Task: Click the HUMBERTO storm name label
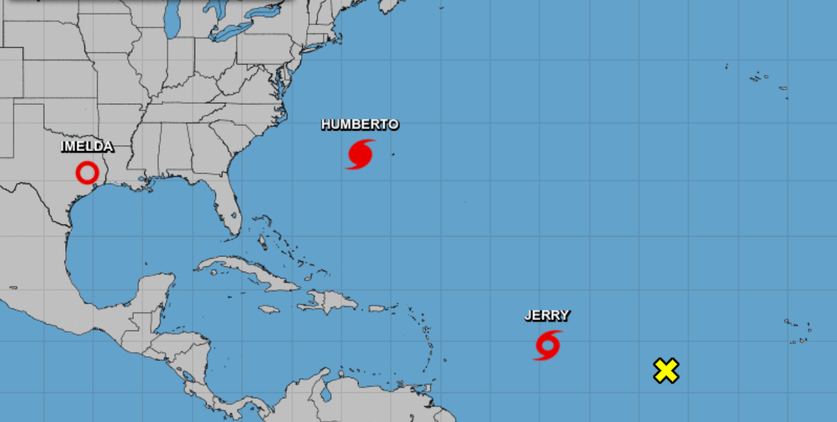(x=360, y=125)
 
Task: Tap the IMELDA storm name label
(x=87, y=147)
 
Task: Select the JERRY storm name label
(x=547, y=316)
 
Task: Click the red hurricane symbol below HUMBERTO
(x=360, y=154)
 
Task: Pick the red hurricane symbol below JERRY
(x=548, y=345)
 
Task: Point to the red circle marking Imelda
(x=87, y=173)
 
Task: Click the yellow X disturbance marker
(x=666, y=371)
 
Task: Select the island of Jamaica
(x=269, y=310)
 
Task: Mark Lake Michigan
(x=171, y=23)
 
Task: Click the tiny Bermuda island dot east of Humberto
(x=392, y=154)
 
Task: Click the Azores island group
(x=762, y=79)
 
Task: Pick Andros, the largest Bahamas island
(x=264, y=241)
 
